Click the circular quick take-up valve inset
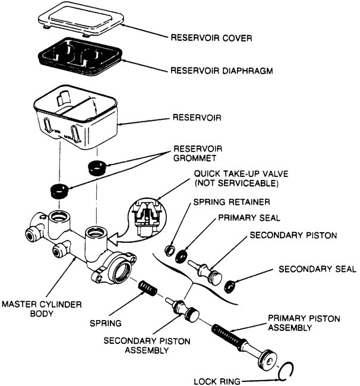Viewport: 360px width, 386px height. coord(145,215)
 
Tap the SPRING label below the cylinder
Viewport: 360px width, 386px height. coord(107,324)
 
